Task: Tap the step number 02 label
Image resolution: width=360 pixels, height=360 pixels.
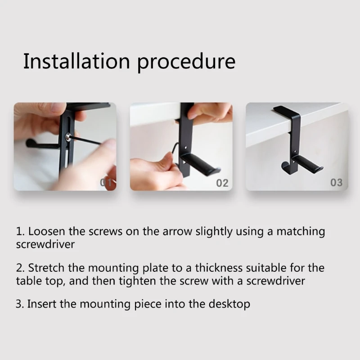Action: click(222, 183)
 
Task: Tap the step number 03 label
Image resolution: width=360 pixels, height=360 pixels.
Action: click(337, 183)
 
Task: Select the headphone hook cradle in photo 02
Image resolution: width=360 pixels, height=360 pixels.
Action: click(200, 162)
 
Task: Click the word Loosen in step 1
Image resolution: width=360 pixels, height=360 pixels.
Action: click(48, 232)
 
